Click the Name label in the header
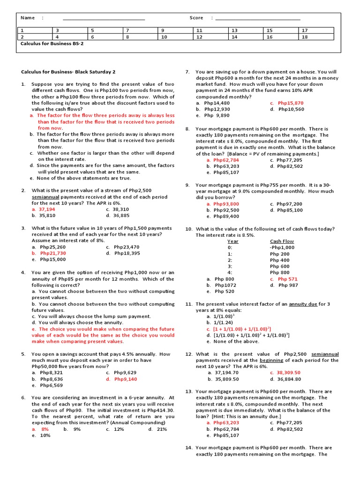click(28, 18)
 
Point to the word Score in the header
click(196, 18)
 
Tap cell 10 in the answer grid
click(164, 37)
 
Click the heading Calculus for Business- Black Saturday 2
click(68, 72)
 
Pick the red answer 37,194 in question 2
click(47, 210)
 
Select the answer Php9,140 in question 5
click(126, 379)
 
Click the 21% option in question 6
click(162, 429)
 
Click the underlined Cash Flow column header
click(282, 241)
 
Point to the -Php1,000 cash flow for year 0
click(282, 247)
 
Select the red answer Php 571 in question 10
click(287, 279)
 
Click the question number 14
click(189, 448)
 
